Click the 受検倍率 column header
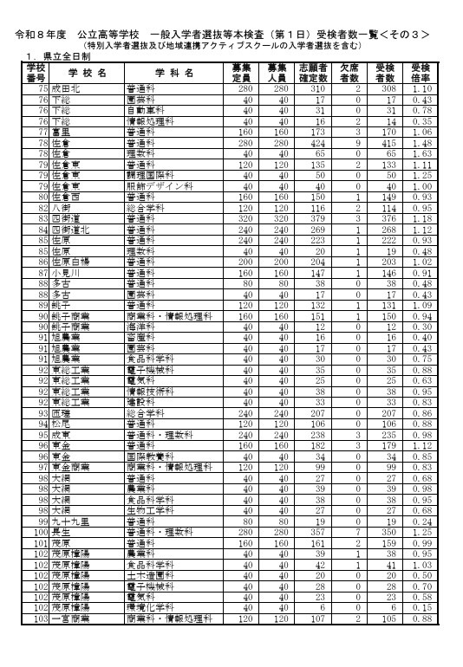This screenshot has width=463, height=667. [x=421, y=72]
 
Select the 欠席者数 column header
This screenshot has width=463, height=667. [x=349, y=72]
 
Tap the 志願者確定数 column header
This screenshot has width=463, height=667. [x=313, y=72]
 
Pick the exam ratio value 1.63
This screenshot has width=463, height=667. [x=421, y=154]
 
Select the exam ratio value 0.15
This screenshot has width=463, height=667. [x=421, y=607]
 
